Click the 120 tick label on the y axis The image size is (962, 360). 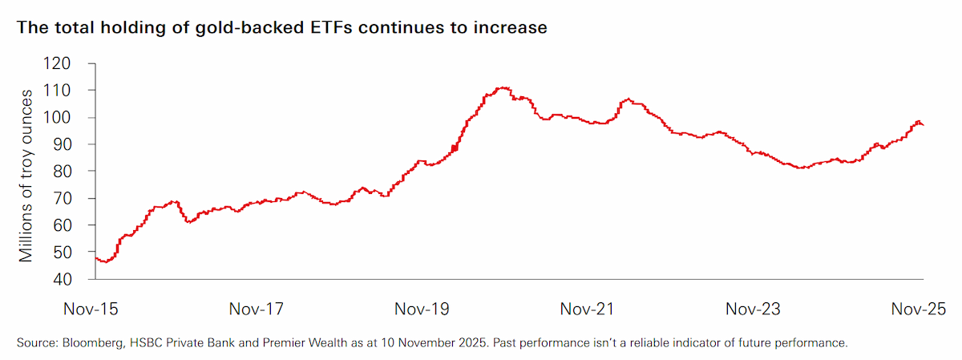point(57,63)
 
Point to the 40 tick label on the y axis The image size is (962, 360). point(63,280)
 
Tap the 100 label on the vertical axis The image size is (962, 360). point(57,117)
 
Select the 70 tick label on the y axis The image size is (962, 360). point(63,199)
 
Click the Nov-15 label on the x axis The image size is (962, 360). point(91,309)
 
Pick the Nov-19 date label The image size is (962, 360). point(422,309)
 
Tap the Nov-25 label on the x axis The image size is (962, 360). point(919,309)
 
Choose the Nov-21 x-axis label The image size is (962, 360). point(587,309)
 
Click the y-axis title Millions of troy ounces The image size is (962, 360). point(26,176)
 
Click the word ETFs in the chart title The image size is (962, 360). point(330,27)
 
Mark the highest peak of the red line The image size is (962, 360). point(503,87)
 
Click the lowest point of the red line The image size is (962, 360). point(106,262)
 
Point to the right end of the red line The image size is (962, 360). point(924,125)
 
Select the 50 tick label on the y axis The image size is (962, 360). point(63,253)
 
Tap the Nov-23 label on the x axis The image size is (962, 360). point(753,309)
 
